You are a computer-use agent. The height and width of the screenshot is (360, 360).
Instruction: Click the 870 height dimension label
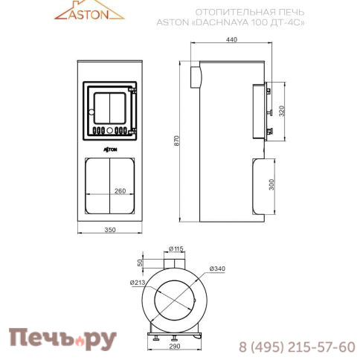point(177,143)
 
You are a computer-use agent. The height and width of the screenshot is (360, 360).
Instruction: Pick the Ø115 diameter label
point(176,248)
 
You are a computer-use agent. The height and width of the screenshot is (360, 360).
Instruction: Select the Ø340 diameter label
point(217,268)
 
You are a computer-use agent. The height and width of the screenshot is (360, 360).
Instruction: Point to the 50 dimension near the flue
point(140,262)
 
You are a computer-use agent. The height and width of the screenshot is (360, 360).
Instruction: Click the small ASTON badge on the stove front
point(110,148)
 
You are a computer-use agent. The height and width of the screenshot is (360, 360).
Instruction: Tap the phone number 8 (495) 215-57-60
point(296,347)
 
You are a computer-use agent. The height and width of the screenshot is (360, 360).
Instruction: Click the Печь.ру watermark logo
point(62,339)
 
